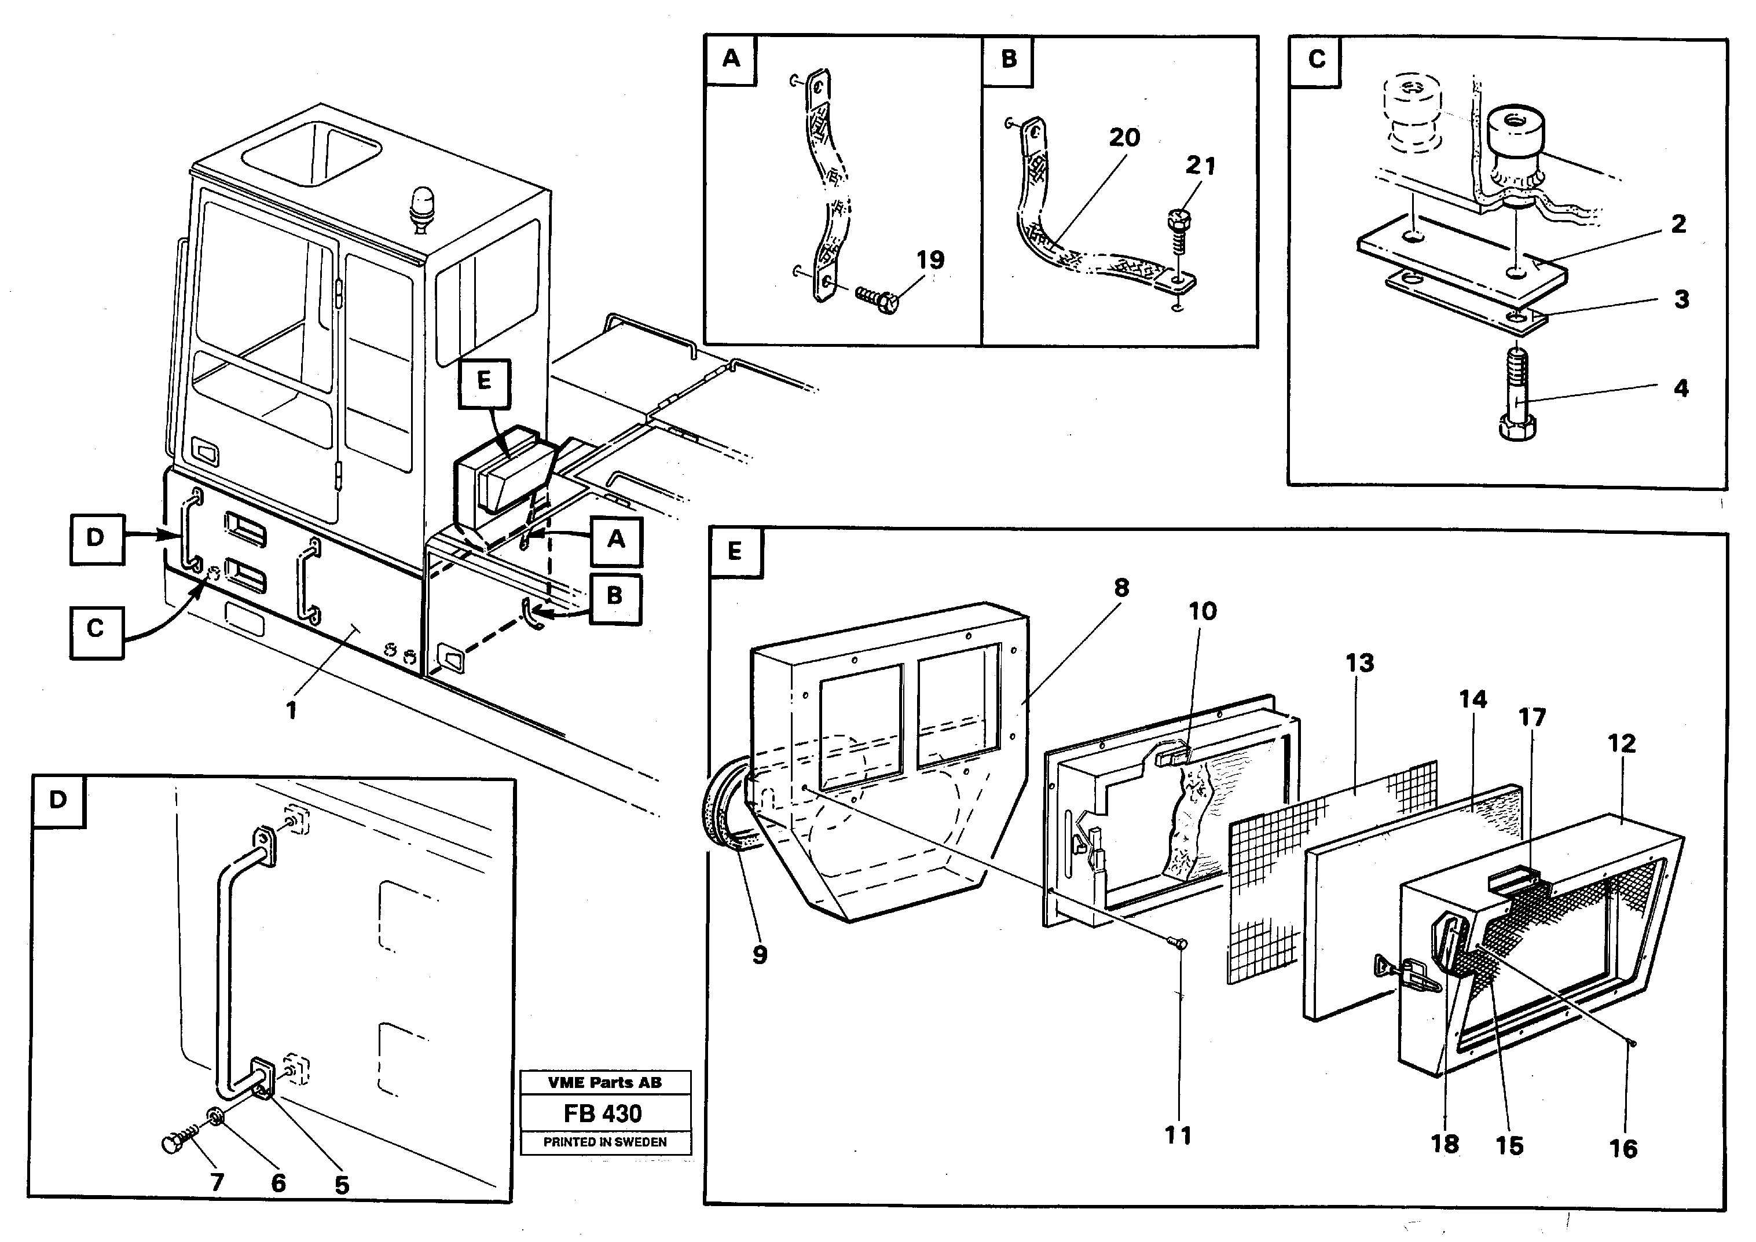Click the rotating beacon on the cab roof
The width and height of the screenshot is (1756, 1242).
421,209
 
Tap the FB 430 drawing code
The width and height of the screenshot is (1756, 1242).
603,1113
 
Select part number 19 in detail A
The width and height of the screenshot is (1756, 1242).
930,260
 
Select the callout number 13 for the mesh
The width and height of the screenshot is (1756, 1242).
1360,662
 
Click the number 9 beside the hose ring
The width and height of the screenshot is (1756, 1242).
760,955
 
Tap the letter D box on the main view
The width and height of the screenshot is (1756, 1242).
96,538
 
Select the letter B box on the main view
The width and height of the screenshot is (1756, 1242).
615,598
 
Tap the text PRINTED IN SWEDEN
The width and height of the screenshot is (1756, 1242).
604,1142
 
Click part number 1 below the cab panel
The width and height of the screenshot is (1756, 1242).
291,711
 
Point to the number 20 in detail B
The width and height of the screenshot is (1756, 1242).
1124,138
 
